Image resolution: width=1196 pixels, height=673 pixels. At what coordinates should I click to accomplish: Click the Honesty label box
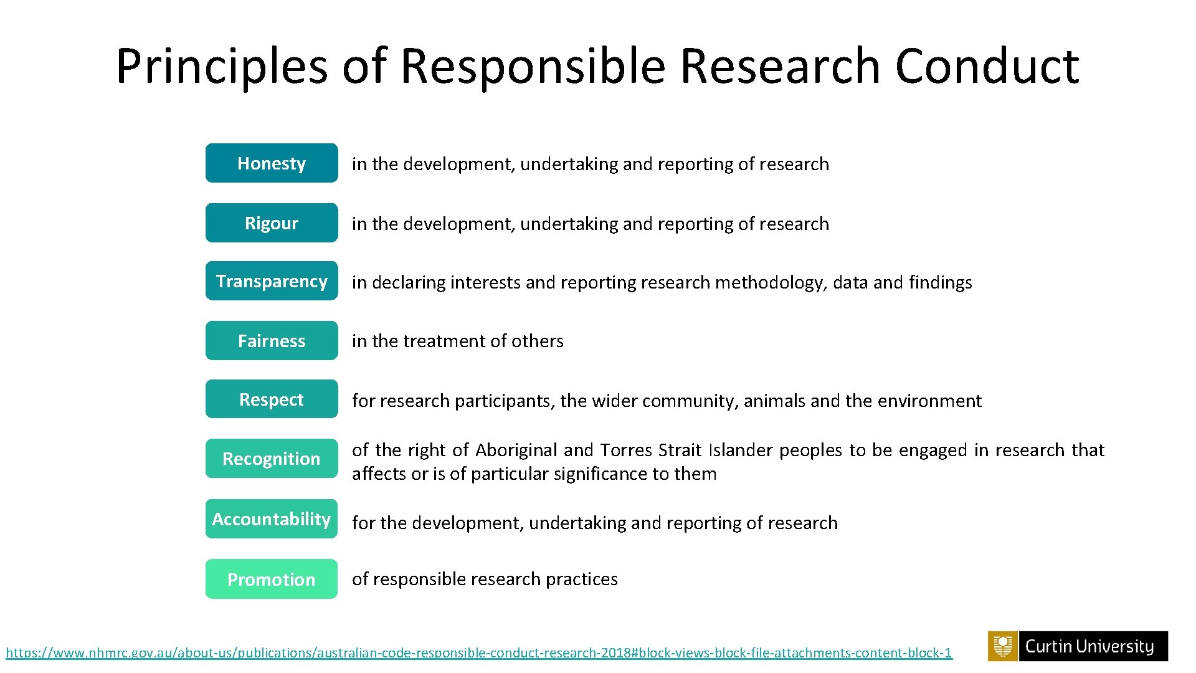coord(272,163)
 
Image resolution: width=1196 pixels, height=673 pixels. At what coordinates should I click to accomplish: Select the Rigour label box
coord(272,223)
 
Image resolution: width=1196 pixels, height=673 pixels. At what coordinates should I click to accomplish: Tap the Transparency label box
coord(272,281)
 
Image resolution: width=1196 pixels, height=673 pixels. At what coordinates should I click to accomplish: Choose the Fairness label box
coord(272,341)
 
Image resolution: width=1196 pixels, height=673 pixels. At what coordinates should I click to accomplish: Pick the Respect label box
coord(272,399)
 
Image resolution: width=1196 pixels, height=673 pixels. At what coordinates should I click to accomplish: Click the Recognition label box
coord(272,459)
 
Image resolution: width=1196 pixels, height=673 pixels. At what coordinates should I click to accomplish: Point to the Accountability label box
coord(272,519)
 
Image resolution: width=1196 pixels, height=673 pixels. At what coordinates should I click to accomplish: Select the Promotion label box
coord(272,580)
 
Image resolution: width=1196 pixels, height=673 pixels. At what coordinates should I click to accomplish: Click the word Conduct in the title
coord(987,66)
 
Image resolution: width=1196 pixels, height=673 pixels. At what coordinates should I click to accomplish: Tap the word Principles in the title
coord(222,66)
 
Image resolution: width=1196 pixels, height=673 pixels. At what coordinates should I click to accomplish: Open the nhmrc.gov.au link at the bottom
coord(478,653)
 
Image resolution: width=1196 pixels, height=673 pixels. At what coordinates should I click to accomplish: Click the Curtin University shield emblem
coord(1003,646)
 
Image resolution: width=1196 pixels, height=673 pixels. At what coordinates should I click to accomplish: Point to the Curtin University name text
coord(1089,647)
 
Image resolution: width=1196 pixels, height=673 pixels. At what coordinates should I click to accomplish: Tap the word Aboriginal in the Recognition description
coord(516,450)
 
